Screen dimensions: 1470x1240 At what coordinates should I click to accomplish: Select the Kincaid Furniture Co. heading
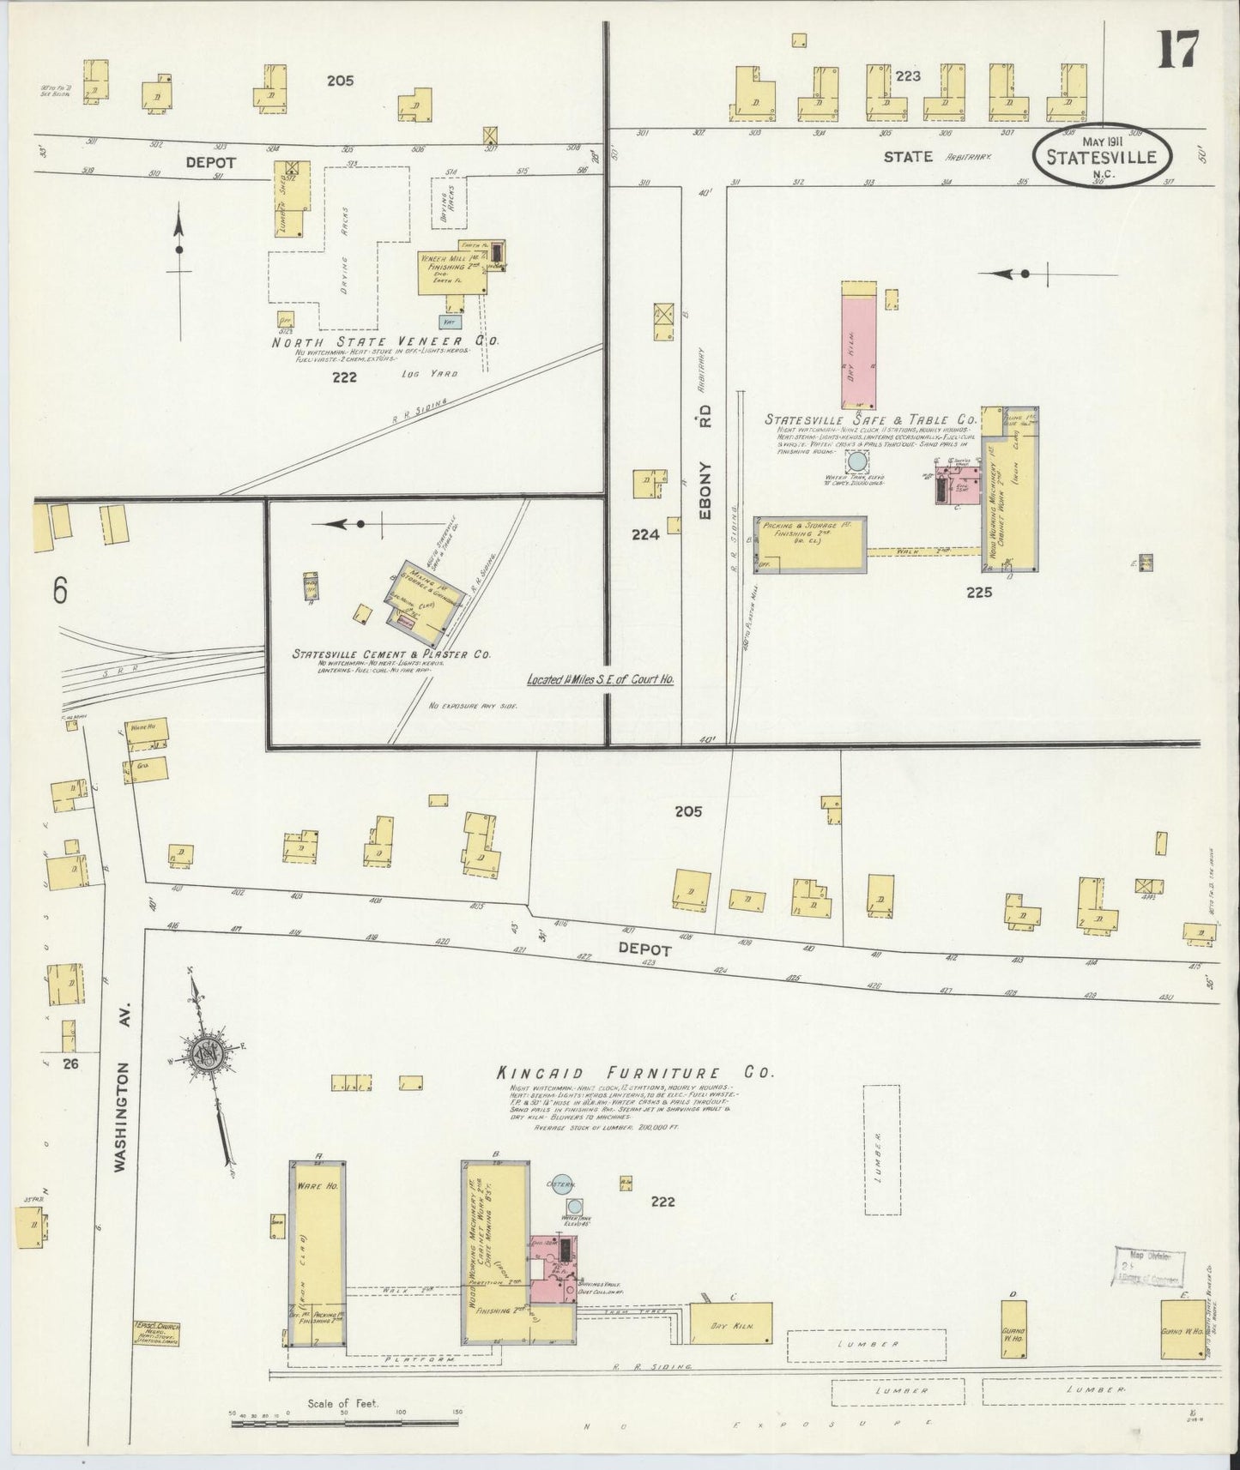coord(634,1072)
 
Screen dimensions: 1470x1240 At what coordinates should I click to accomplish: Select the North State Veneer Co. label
coord(384,340)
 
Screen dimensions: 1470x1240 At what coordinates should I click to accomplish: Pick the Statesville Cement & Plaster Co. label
coord(391,654)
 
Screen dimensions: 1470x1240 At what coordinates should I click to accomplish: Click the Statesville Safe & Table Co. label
coord(870,420)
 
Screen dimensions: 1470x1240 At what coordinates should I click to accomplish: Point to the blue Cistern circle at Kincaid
coord(562,1184)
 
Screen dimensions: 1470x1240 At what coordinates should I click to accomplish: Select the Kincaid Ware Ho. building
coord(318,1251)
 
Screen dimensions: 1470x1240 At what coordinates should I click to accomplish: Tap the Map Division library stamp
coord(1150,1266)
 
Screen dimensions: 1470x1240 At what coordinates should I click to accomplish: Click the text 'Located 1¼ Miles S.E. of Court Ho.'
coord(600,678)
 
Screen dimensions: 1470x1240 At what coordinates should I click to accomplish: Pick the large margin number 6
coord(60,590)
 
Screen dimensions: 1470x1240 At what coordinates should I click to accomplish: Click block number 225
coord(978,591)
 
